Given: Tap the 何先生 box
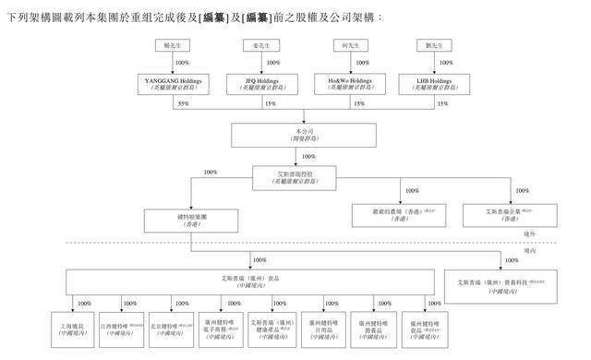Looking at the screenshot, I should tap(356, 45).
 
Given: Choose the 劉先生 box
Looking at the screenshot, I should tap(444, 45).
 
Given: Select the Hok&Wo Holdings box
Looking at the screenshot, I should tap(356, 84).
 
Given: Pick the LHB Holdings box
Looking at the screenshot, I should tap(444, 84).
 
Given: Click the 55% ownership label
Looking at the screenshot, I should tap(169, 104).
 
